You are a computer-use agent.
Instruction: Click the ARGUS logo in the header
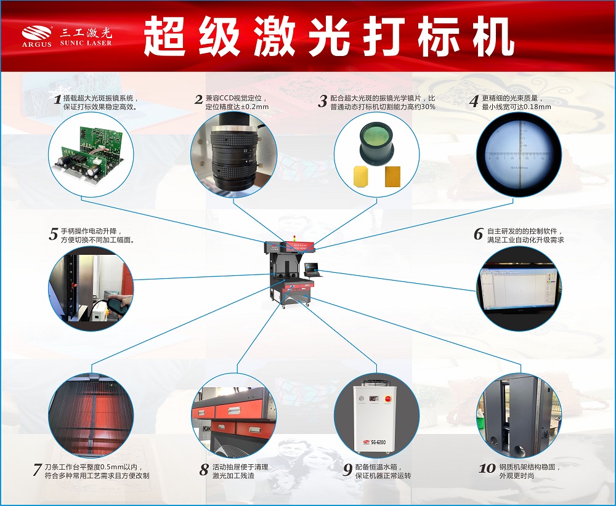37,36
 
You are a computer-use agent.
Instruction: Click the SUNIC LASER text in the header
86,43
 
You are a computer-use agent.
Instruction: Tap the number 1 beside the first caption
57,99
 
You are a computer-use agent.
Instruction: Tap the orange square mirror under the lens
392,176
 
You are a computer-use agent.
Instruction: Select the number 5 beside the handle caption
54,234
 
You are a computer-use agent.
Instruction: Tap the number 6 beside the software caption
478,234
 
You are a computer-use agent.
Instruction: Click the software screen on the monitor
519,288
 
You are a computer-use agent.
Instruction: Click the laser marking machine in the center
291,272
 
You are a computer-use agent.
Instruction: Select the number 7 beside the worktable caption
38,470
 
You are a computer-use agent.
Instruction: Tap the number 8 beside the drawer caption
204,470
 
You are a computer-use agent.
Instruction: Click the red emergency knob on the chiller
387,398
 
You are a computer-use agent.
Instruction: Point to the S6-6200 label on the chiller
378,442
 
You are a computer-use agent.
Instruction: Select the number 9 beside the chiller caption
347,470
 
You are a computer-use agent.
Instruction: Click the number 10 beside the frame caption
487,468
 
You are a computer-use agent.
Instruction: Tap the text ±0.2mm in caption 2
254,106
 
